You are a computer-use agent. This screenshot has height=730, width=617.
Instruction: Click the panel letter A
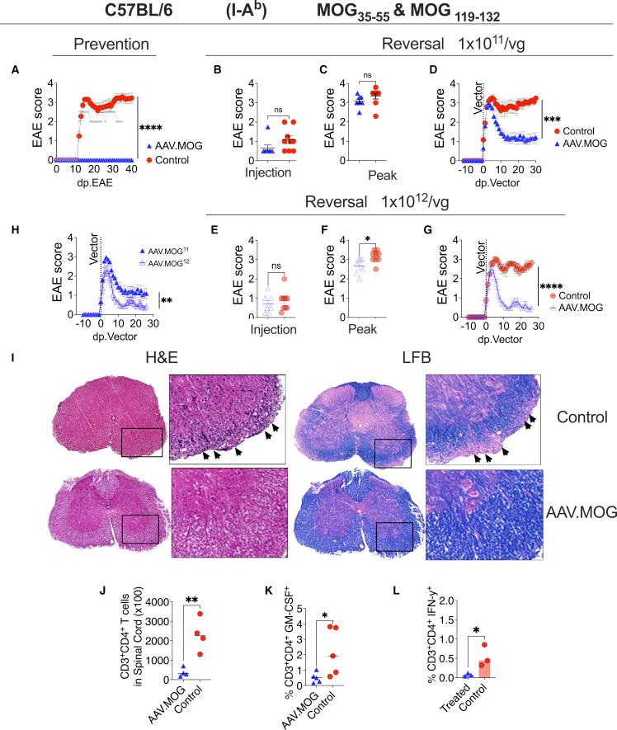coord(14,71)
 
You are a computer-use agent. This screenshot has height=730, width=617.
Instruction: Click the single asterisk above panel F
coord(367,239)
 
